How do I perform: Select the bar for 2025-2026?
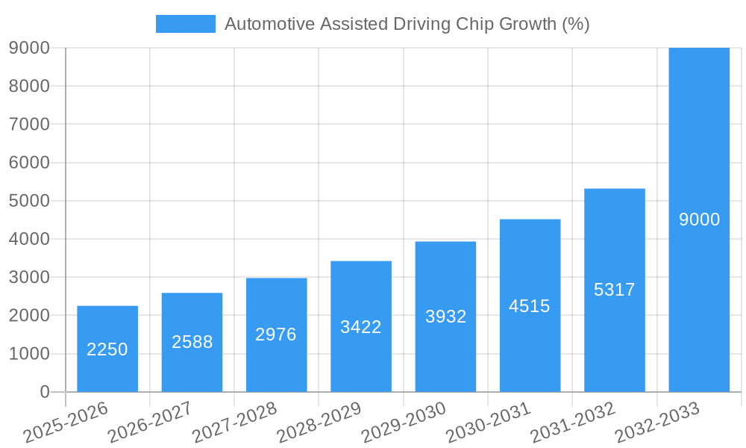click(107, 349)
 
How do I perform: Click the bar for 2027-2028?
click(276, 335)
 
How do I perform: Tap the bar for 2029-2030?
click(445, 317)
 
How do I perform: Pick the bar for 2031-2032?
click(614, 290)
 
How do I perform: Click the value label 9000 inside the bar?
click(699, 220)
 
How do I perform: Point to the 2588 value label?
click(192, 342)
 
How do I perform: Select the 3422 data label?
click(361, 326)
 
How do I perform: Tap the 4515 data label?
click(530, 306)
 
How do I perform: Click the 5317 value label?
click(614, 290)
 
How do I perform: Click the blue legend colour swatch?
click(185, 24)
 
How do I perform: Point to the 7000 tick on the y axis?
click(29, 125)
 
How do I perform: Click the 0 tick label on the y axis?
click(44, 392)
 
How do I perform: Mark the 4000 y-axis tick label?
click(29, 240)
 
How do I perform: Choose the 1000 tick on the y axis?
click(29, 354)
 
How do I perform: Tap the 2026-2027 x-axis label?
click(149, 422)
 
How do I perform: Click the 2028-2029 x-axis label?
click(319, 422)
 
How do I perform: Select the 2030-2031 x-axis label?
click(488, 422)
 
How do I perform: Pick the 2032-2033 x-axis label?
click(657, 422)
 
